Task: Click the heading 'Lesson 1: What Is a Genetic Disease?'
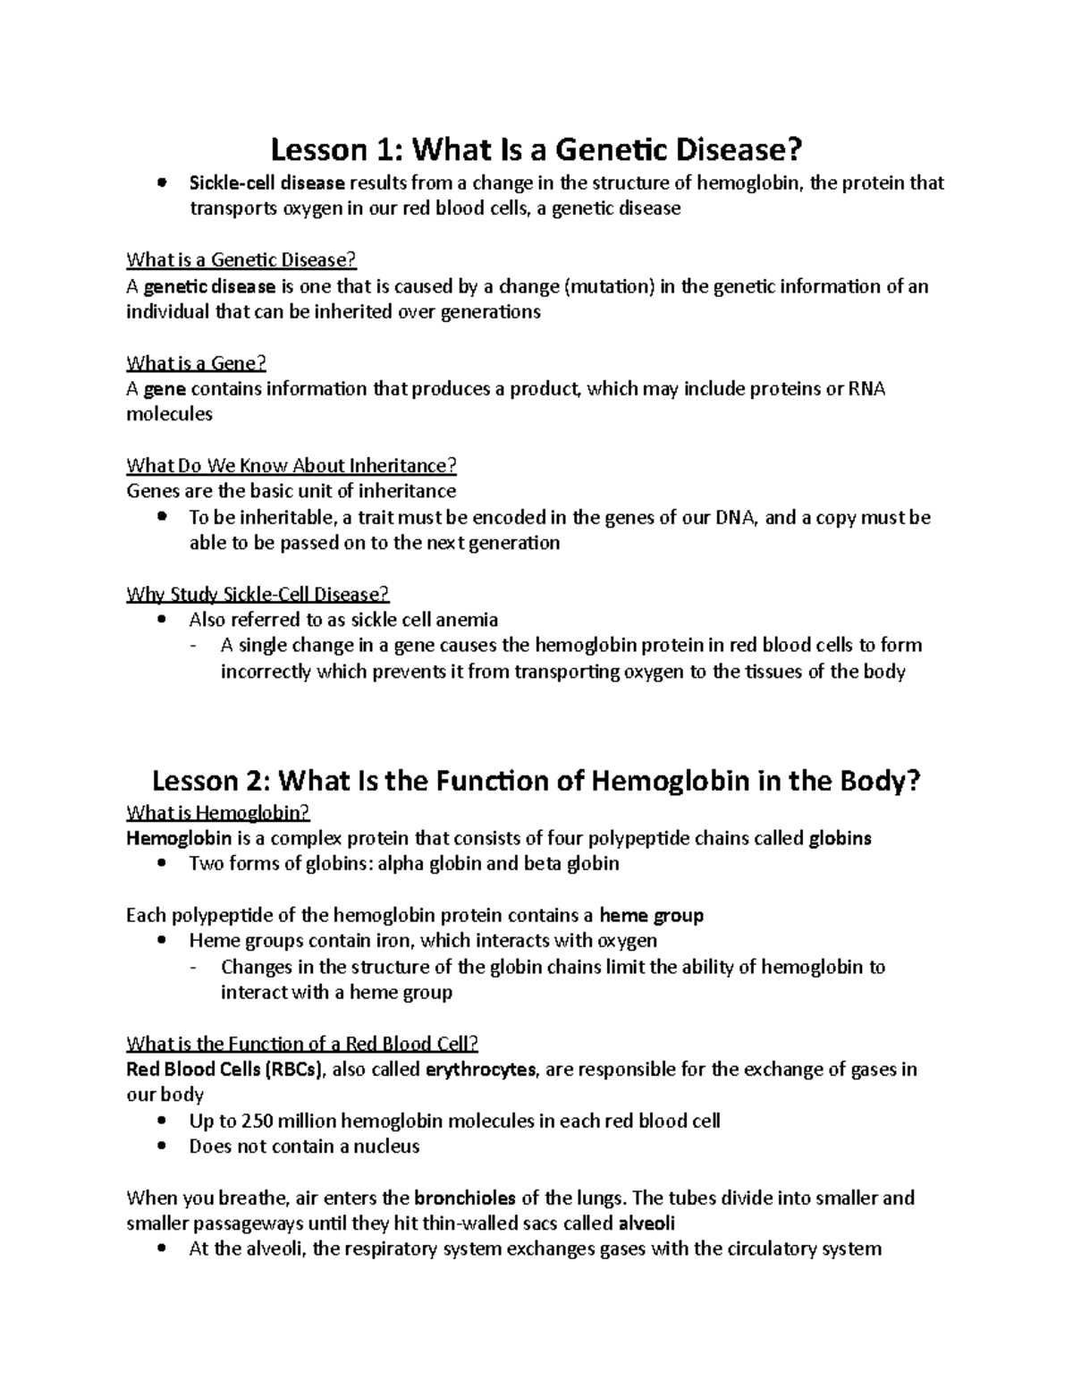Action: [536, 148]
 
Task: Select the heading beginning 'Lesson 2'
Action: [536, 781]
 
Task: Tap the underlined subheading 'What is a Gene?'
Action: [197, 363]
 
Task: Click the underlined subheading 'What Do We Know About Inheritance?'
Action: [291, 465]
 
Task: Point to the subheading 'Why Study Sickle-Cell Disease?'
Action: [258, 594]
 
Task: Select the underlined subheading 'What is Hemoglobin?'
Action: [218, 812]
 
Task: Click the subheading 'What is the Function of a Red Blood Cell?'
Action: [303, 1044]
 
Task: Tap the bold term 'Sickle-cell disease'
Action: [266, 183]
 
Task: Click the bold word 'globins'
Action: [840, 838]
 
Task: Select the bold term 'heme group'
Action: [651, 916]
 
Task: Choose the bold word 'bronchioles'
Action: [465, 1198]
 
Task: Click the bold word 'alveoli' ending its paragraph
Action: [646, 1224]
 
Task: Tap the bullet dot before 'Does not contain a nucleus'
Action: [161, 1147]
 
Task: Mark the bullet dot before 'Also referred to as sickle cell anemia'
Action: [161, 620]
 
